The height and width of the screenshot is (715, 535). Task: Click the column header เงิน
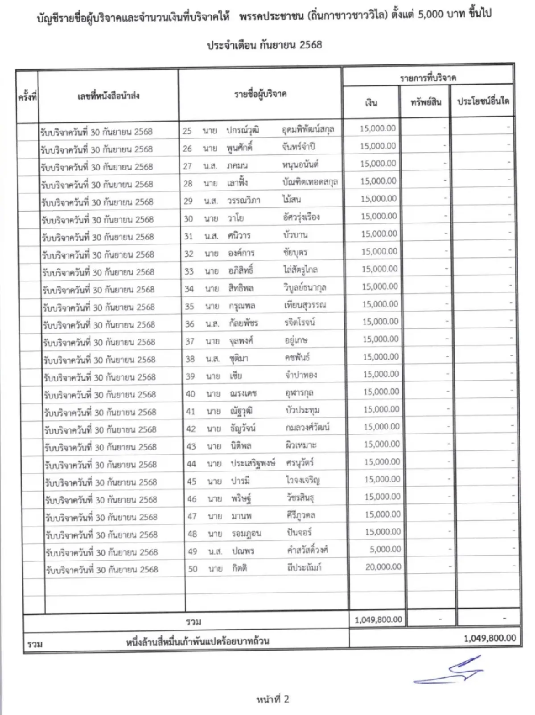pos(371,103)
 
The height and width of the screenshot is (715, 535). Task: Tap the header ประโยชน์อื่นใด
pos(483,101)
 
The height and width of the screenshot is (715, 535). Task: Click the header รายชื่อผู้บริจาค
pos(260,94)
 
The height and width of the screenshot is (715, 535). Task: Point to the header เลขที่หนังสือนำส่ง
pos(108,95)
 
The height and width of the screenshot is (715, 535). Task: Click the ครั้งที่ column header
pos(27,96)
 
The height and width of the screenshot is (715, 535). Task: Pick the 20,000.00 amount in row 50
pos(383,567)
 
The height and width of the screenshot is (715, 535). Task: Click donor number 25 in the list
pos(187,131)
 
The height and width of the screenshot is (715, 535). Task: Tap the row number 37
pos(190,341)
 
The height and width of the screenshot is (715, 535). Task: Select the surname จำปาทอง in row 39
pos(301,375)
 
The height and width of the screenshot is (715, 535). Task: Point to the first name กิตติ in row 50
pos(239,568)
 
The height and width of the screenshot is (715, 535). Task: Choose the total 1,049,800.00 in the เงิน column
pos(378,620)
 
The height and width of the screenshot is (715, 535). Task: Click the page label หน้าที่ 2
pos(273,699)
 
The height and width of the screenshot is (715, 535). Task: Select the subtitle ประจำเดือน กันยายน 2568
pos(264,45)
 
